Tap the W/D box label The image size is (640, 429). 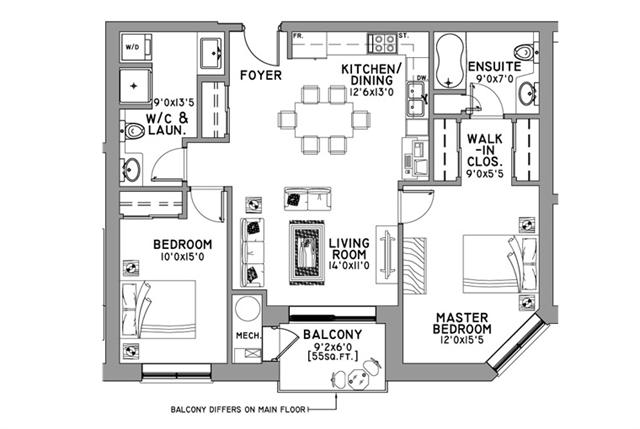point(132,47)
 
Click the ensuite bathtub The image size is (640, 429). point(449,57)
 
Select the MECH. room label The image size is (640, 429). point(247,336)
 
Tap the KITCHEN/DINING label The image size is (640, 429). point(371,75)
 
